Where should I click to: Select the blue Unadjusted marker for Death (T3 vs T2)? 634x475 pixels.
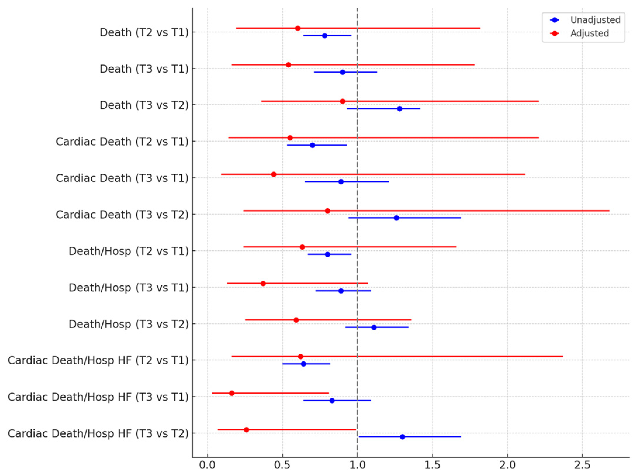point(399,108)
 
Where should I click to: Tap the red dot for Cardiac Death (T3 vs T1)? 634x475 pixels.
point(274,174)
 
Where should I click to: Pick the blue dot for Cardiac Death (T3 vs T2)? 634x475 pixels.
point(396,218)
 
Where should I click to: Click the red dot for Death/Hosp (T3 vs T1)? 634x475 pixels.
point(263,283)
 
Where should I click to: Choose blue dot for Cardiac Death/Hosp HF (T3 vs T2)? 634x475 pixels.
point(402,437)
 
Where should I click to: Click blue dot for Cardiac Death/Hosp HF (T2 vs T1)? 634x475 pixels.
point(303,364)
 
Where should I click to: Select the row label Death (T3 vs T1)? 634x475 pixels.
point(144,69)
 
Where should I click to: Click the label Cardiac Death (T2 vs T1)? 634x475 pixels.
point(122,141)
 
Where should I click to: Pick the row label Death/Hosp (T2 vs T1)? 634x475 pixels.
point(129,251)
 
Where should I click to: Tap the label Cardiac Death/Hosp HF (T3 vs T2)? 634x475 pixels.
point(98,434)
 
